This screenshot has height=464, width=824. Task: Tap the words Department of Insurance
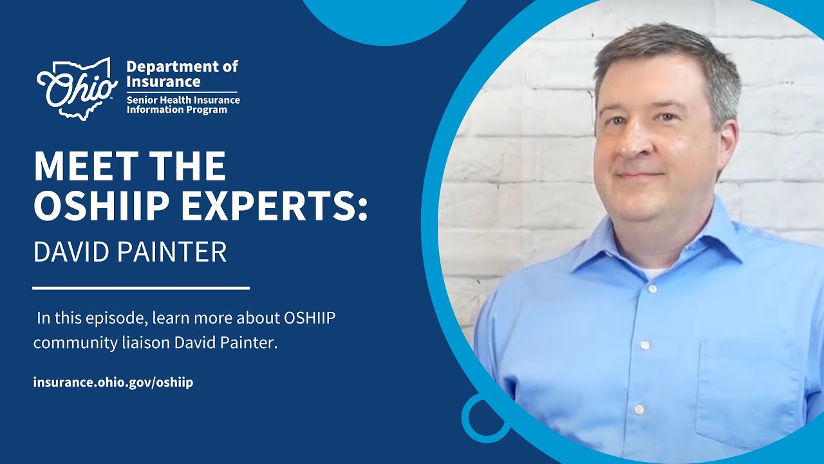click(182, 74)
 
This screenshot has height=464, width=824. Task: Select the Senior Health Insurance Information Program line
click(183, 105)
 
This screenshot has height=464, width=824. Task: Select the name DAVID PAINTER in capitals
click(130, 252)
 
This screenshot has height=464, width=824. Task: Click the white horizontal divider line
click(141, 288)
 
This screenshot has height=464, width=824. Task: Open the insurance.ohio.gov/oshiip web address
click(113, 382)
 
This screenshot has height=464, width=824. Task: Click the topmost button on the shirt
click(652, 289)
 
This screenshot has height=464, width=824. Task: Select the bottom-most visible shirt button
click(639, 409)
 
